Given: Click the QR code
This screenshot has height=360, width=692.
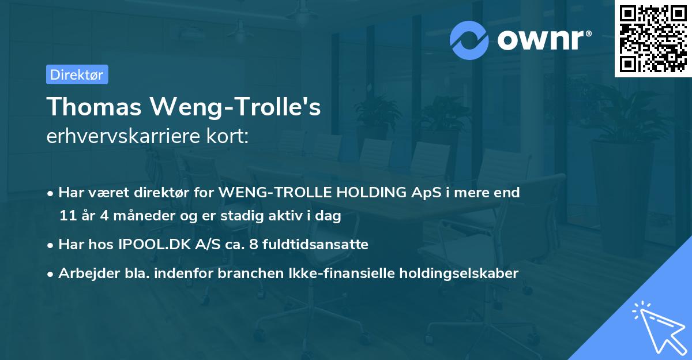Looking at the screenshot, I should pyautogui.click(x=653, y=38).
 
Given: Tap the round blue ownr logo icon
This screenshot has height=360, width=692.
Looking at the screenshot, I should pyautogui.click(x=469, y=40).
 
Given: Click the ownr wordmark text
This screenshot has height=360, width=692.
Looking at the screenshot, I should pyautogui.click(x=543, y=40).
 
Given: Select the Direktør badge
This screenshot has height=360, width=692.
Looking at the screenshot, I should pyautogui.click(x=77, y=74).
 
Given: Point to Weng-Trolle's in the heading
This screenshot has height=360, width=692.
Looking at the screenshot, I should pyautogui.click(x=235, y=107).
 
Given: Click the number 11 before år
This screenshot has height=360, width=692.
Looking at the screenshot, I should pyautogui.click(x=67, y=216).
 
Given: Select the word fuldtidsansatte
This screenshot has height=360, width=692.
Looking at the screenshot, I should pyautogui.click(x=316, y=245).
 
